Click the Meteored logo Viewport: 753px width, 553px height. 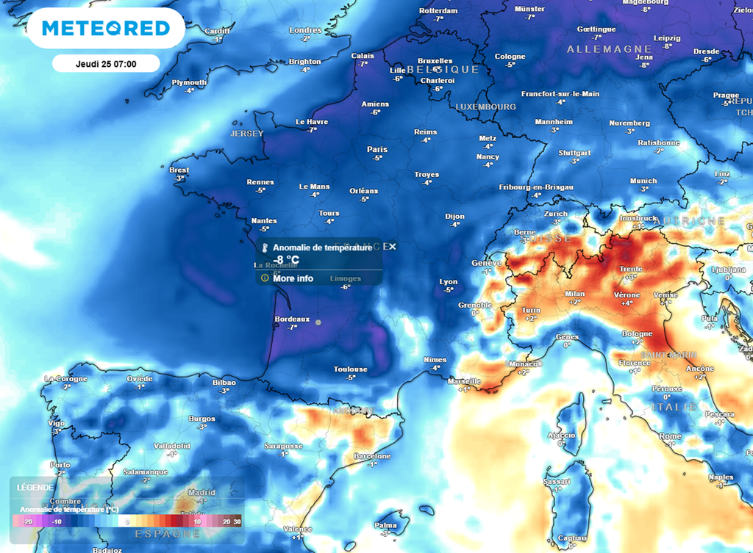(106, 29)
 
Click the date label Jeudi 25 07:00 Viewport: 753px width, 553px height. (106, 64)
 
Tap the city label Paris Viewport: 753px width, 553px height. (377, 149)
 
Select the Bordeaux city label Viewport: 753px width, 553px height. (291, 319)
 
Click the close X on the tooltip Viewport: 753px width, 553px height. (393, 247)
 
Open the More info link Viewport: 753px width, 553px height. (293, 278)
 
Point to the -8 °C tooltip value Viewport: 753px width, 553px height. (286, 260)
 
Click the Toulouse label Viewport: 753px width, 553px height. (351, 369)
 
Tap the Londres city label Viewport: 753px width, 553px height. (306, 30)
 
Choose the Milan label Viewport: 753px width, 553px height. (575, 294)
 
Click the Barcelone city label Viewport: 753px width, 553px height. (371, 456)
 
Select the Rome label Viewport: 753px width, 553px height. (670, 436)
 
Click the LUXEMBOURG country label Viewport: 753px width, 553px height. (485, 106)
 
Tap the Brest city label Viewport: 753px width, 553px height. (179, 170)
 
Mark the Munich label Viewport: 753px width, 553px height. (643, 181)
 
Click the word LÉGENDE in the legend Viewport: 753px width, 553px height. (34, 488)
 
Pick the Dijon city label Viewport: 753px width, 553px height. (455, 217)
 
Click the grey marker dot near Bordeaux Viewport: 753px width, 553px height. (318, 322)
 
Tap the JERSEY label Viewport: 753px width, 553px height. (246, 134)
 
